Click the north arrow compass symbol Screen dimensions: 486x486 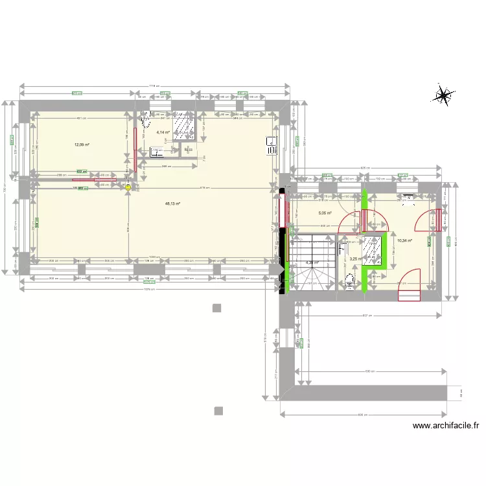pos(444,95)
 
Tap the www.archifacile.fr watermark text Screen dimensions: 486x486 pos(446,426)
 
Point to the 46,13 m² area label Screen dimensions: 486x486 pos(172,203)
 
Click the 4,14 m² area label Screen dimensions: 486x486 pos(163,132)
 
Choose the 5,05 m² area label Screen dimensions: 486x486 pos(325,213)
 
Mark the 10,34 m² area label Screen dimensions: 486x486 pos(405,240)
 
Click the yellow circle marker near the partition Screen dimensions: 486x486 pos(128,188)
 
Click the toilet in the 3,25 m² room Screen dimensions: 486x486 pos(350,280)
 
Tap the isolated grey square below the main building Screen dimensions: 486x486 pos(218,308)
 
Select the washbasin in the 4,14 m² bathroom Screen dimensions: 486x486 pos(156,152)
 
